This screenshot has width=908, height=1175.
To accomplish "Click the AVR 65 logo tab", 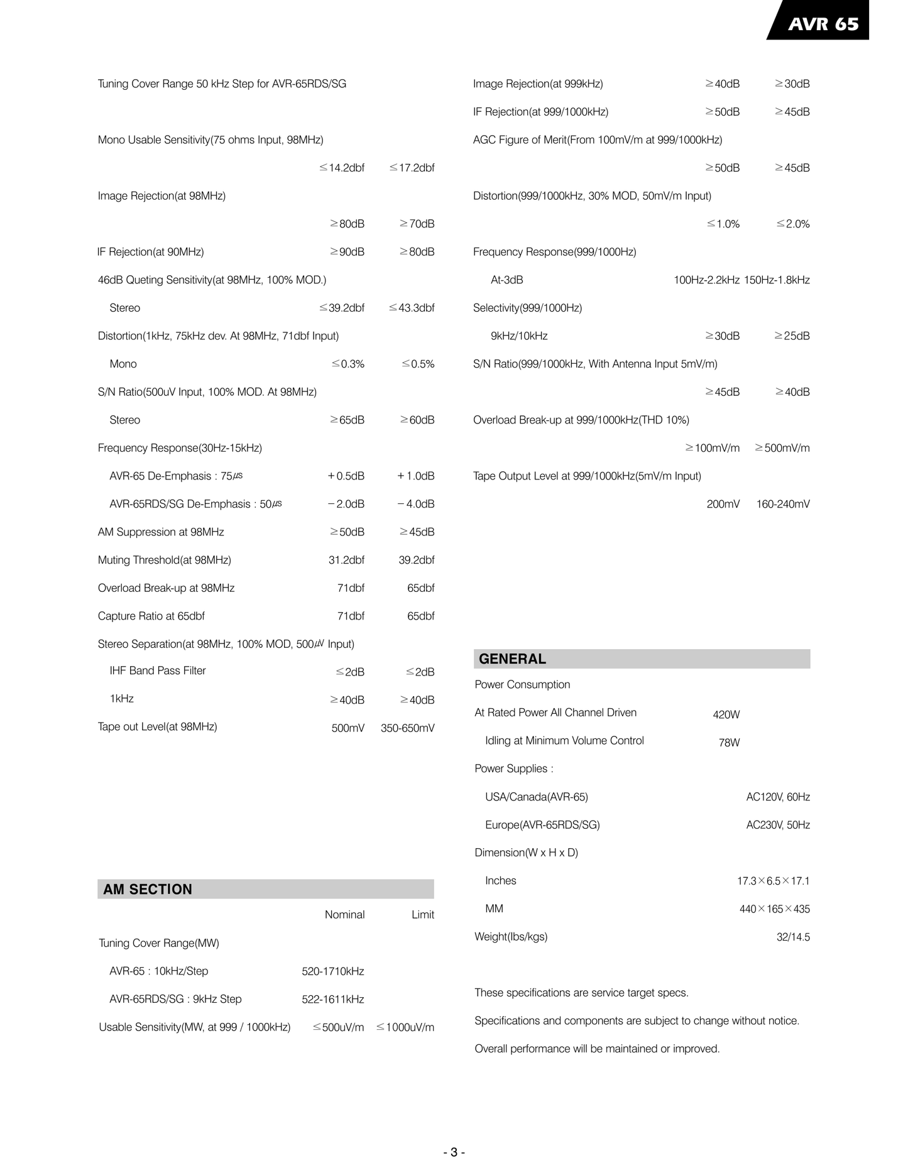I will coord(823,24).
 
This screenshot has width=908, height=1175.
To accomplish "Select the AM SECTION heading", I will coord(148,889).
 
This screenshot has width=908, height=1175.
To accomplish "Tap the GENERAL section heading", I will coord(512,659).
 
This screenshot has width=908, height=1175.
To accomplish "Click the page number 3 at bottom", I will coord(454,1152).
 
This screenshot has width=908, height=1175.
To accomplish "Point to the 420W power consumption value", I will coord(726,714).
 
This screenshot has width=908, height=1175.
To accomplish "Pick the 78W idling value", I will coord(729,743).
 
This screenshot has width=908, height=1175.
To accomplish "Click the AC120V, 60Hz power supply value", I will coord(777,797).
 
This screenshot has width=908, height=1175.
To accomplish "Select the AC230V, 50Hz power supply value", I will coord(777,825).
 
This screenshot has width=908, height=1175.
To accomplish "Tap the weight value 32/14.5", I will coord(793,937).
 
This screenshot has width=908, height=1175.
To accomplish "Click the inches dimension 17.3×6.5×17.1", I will coord(773,881).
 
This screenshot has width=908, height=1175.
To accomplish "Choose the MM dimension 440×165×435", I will coord(774,909).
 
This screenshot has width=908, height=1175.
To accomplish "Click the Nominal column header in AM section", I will coord(344,914).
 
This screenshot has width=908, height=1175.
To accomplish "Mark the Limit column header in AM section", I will coord(422,914).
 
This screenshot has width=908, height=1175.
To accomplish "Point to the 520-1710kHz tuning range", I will coord(332,971).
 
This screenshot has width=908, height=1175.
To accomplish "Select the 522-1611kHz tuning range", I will coord(332,999).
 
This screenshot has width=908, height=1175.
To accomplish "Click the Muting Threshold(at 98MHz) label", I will coord(165,560).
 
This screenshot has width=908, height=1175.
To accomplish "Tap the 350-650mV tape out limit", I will coord(407,728).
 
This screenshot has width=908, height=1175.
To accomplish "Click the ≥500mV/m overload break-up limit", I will coord(782,448).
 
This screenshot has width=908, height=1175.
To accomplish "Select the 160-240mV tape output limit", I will coord(783,504).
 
